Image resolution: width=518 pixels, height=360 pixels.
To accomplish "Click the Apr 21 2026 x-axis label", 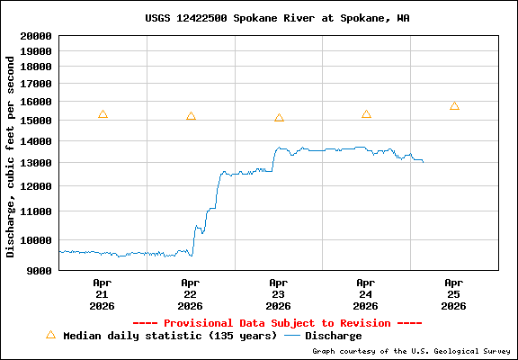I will tap(102, 293).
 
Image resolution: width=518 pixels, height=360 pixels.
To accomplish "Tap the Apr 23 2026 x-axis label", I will tap(278, 293).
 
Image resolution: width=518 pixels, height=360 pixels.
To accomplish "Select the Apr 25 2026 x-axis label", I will tap(454, 293).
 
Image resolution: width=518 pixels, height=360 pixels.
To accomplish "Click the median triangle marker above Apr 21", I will tap(103, 114).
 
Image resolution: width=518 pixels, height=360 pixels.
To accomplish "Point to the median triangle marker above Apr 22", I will tap(191, 116).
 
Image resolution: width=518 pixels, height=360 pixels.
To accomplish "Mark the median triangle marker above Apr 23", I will tap(279, 118).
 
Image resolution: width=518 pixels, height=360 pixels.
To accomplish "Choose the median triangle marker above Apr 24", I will tap(366, 114).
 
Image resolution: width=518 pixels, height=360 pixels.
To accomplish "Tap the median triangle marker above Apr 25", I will tap(454, 106).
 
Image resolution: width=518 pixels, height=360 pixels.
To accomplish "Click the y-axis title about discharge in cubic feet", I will tap(11, 157).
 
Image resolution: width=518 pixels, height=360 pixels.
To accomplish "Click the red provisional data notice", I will tap(277, 322).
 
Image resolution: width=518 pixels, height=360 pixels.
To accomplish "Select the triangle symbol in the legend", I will tap(50, 335).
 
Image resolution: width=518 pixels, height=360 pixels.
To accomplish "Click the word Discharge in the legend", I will tap(334, 336).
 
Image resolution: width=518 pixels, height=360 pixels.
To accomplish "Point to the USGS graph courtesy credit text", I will tap(410, 352).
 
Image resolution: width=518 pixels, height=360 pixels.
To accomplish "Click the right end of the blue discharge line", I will tap(423, 161).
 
